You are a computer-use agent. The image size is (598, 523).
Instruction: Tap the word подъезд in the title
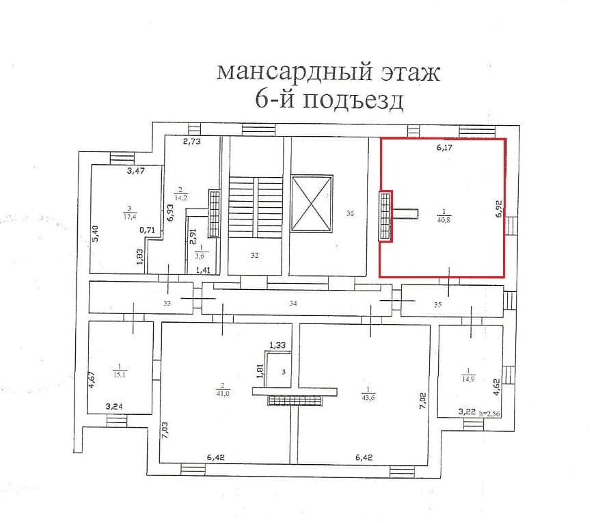click(x=353, y=100)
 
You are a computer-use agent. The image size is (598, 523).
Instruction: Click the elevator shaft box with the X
click(x=311, y=203)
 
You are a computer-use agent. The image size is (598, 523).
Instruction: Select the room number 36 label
click(x=350, y=213)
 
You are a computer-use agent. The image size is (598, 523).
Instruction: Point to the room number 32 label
click(x=254, y=255)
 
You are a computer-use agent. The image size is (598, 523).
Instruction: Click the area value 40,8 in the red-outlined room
click(x=443, y=219)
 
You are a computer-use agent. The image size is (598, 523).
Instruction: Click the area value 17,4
click(x=128, y=217)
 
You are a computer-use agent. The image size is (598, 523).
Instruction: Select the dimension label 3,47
click(x=136, y=171)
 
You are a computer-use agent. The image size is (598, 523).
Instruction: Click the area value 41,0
click(x=224, y=393)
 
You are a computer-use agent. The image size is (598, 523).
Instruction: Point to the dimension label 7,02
click(x=423, y=399)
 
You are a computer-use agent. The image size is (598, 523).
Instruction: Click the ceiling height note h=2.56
click(x=491, y=412)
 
